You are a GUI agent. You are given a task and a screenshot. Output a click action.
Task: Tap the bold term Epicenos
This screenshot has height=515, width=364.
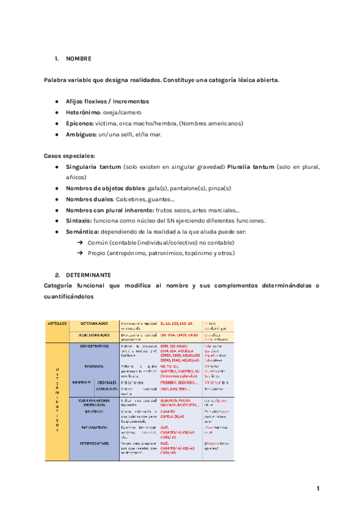click(x=79, y=123)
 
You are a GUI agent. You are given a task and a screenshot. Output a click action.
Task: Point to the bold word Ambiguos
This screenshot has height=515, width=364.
click(x=81, y=134)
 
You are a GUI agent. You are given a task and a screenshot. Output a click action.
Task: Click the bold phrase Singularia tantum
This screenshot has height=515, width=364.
click(x=93, y=166)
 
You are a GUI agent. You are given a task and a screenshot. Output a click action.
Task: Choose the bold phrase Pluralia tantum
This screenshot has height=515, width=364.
click(x=251, y=166)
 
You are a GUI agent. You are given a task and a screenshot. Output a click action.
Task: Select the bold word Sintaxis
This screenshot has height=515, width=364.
click(x=79, y=220)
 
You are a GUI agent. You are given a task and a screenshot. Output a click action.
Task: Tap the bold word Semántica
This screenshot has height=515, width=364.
click(x=82, y=231)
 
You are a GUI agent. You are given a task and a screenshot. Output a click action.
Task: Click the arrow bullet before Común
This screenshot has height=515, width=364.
click(x=79, y=242)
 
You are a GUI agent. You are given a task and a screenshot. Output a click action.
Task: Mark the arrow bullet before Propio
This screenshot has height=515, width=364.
click(x=79, y=253)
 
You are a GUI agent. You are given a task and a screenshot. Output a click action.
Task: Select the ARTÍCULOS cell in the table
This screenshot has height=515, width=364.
click(x=58, y=323)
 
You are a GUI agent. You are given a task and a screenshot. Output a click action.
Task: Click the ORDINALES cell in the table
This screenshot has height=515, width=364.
click(x=107, y=382)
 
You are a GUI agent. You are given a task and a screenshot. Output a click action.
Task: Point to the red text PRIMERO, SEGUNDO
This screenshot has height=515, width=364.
click(x=180, y=382)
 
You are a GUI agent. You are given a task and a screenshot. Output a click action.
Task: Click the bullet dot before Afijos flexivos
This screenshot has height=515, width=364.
click(x=56, y=101)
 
